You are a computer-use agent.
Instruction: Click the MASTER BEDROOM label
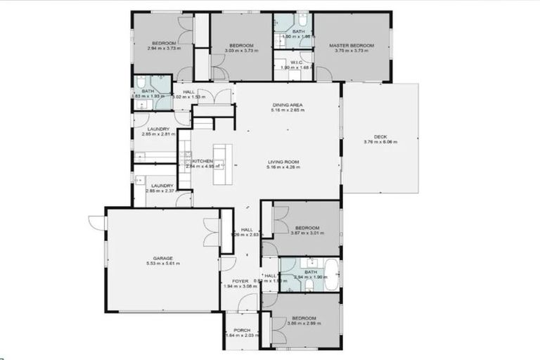coord(352,46)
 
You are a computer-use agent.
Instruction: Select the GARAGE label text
coord(164,258)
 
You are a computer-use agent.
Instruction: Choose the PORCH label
coord(240,329)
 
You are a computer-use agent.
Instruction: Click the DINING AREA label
coord(288,105)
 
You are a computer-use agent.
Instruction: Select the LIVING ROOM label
coord(283,162)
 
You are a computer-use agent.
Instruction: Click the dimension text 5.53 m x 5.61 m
coord(164,264)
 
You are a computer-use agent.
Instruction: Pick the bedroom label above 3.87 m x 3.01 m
coord(307,228)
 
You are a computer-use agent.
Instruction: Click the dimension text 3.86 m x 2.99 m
coord(304,323)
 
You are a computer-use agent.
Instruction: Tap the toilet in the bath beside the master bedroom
coord(302,19)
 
